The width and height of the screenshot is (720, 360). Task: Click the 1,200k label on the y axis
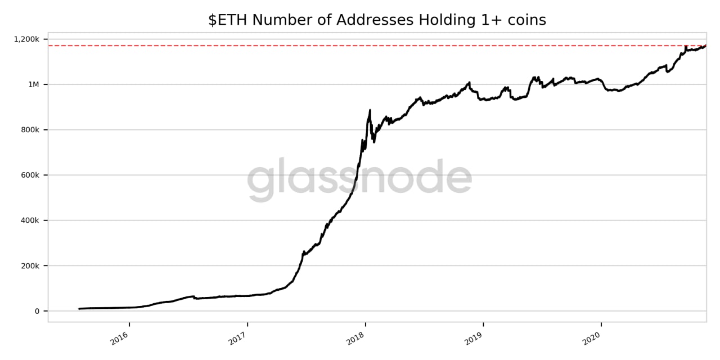pos(26,39)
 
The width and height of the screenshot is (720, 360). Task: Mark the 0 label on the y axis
pos(37,311)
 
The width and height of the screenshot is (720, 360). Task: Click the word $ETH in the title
pos(228,20)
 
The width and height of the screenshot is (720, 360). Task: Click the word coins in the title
pos(526,20)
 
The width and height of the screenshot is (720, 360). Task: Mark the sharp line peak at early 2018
pos(370,110)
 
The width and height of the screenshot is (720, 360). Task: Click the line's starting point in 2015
pos(79,309)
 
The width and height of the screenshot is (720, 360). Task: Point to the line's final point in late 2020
pos(706,46)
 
